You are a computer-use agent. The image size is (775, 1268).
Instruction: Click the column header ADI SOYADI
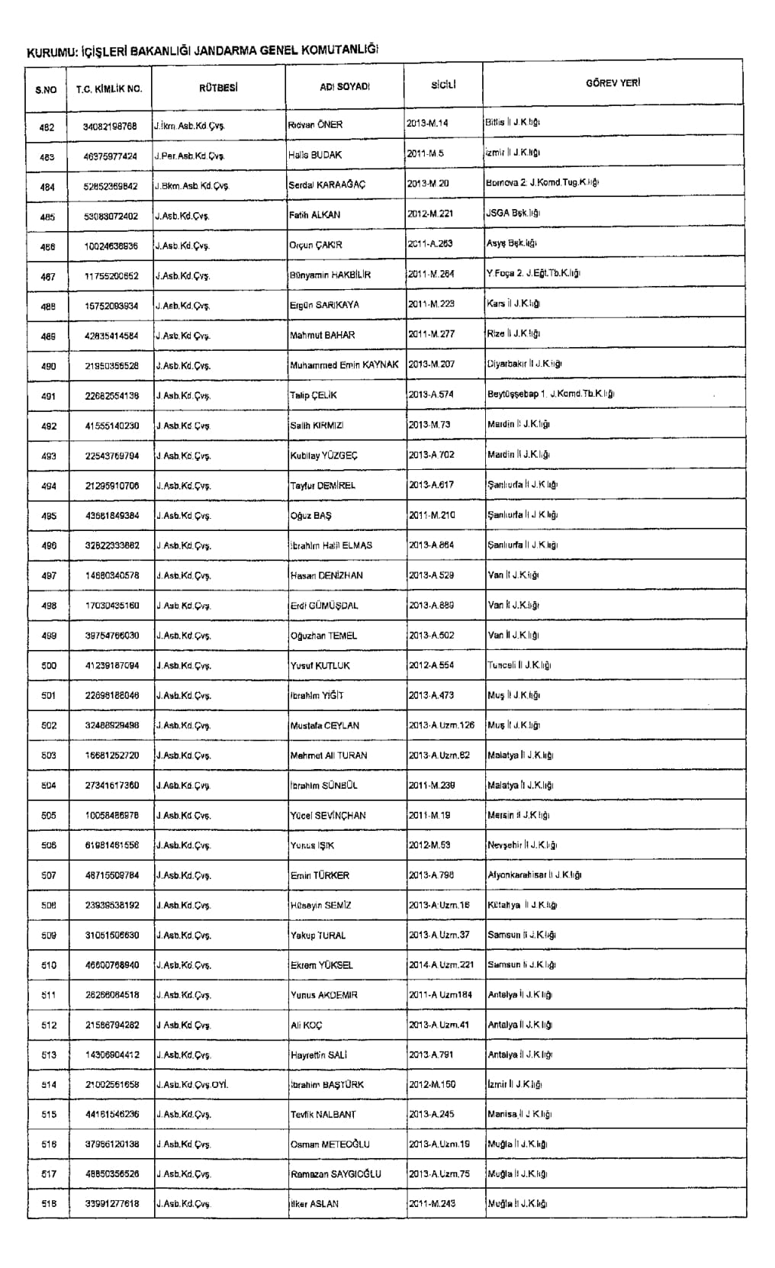pos(345,87)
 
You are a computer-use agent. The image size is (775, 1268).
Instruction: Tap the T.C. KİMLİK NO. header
pos(109,89)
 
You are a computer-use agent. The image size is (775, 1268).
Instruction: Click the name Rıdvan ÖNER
pos(316,125)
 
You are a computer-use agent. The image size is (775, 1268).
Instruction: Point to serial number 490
pos(49,366)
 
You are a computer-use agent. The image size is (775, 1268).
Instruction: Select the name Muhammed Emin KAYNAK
pos(344,365)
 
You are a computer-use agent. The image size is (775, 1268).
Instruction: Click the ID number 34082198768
pos(111,126)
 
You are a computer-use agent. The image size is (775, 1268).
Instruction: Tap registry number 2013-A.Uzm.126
pos(442,725)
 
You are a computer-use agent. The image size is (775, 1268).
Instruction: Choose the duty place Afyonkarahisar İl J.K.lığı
pos(535,875)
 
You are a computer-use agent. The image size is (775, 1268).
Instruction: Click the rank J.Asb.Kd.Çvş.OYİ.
pos(191,1085)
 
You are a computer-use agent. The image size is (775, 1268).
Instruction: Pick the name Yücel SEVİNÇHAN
pos(328,816)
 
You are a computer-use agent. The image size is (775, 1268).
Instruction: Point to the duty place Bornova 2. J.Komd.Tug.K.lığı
pos(542,183)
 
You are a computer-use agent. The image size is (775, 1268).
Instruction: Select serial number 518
pos(49,1204)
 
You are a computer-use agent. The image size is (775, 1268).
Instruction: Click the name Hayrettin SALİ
pos(319,1055)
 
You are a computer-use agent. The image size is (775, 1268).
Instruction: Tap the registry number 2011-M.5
pos(426,153)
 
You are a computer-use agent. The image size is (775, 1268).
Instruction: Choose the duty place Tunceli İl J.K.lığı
pos(519,665)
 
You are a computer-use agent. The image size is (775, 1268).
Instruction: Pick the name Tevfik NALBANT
pos(323,1115)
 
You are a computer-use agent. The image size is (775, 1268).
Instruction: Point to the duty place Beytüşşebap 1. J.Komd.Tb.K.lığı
pos(551,394)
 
